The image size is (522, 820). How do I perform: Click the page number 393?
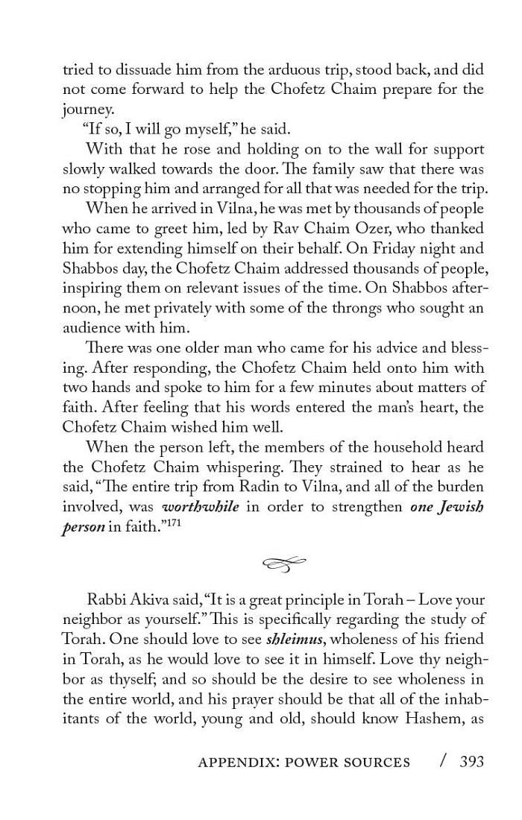472,761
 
